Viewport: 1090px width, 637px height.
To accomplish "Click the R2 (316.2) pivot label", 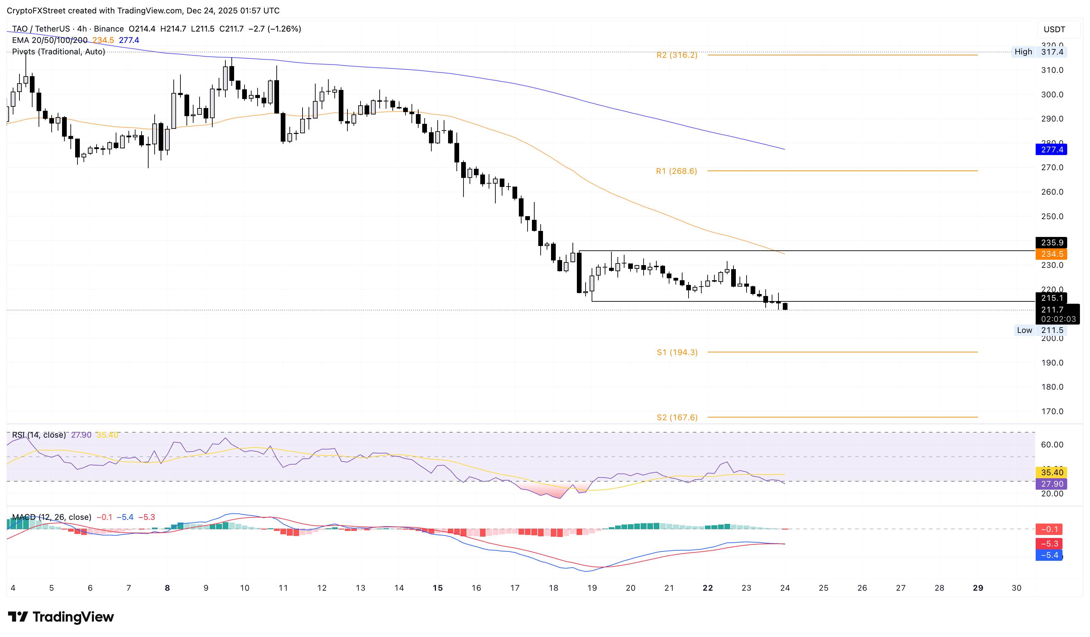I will click(x=676, y=55).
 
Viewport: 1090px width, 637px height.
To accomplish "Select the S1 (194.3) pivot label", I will click(x=677, y=352).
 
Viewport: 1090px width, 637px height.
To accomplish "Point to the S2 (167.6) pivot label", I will click(x=677, y=417).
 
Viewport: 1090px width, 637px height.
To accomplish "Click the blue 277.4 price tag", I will click(x=1051, y=150).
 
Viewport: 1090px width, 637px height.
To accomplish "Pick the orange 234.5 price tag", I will click(x=1051, y=254).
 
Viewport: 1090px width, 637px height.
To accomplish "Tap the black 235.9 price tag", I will click(x=1051, y=243).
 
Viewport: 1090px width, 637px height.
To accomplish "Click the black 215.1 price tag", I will click(x=1051, y=298).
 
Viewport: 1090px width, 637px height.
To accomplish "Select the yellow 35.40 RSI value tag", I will click(x=1051, y=473).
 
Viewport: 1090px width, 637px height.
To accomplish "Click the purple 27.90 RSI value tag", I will click(x=1051, y=484).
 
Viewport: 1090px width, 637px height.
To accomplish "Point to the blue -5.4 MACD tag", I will click(x=1049, y=555).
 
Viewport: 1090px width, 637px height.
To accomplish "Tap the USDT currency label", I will click(x=1054, y=30).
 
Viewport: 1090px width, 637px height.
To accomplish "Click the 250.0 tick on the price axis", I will click(x=1052, y=216).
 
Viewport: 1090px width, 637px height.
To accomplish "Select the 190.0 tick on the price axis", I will click(x=1052, y=363).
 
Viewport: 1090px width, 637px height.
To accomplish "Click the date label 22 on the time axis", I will click(x=708, y=588).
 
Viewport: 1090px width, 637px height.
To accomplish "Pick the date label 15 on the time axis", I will click(x=438, y=588).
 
